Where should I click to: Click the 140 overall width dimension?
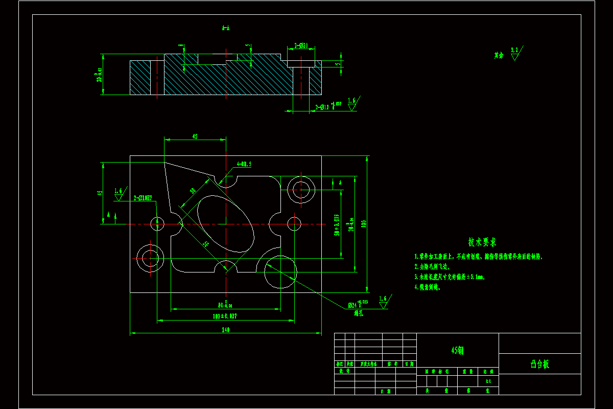pyautogui.click(x=225, y=330)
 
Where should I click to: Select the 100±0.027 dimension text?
pyautogui.click(x=225, y=317)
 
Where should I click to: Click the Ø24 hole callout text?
pyautogui.click(x=358, y=305)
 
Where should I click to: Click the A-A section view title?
pyautogui.click(x=225, y=29)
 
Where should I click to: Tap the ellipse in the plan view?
pyautogui.click(x=225, y=224)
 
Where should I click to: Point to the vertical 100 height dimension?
pyautogui.click(x=364, y=224)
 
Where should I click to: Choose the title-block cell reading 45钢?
pyautogui.click(x=457, y=350)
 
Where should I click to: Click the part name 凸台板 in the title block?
pyautogui.click(x=539, y=364)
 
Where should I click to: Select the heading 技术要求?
pyautogui.click(x=482, y=241)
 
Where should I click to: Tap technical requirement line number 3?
pyautogui.click(x=450, y=277)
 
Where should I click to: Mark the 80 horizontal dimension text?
pyautogui.click(x=225, y=305)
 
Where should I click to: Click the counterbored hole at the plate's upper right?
pyautogui.click(x=300, y=190)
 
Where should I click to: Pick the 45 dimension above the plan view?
pyautogui.click(x=195, y=137)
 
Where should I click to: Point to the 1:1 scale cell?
pyautogui.click(x=488, y=381)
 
